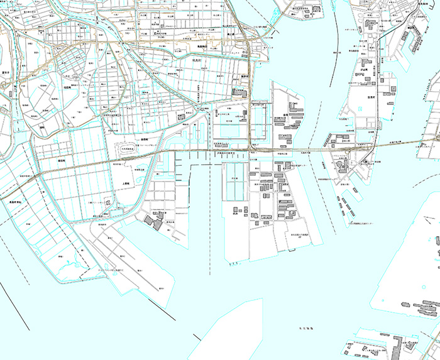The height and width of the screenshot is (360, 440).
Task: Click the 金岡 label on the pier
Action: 285,116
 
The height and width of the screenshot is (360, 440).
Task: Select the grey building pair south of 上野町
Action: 152,221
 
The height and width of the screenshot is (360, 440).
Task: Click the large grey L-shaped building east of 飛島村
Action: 239,92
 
